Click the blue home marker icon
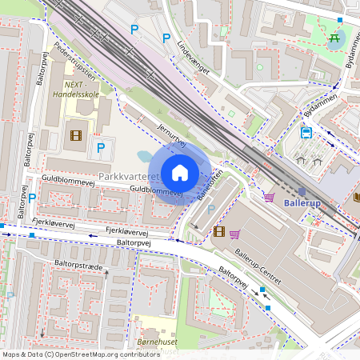click(180, 173)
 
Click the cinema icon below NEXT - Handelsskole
click(76, 136)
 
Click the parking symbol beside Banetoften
click(210, 210)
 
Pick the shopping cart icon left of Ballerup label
click(269, 196)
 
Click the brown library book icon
click(355, 197)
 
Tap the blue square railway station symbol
click(302, 191)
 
